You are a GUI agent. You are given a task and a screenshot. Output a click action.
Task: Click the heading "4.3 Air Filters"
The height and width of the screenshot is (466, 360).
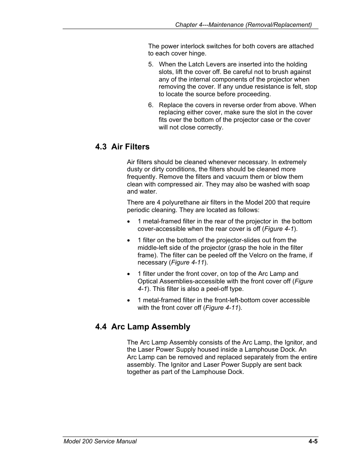click(x=122, y=147)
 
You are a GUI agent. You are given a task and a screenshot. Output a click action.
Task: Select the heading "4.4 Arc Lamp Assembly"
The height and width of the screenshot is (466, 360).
click(x=143, y=327)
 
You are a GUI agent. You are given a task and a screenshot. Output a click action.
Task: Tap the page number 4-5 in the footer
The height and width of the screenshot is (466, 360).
click(x=313, y=441)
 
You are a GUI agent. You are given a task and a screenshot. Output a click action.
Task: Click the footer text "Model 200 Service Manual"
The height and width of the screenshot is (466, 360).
click(x=100, y=441)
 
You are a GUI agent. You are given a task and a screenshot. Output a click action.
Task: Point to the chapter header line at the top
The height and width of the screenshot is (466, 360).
click(x=243, y=25)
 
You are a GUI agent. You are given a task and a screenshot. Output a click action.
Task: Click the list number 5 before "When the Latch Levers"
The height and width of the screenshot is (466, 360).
click(x=151, y=65)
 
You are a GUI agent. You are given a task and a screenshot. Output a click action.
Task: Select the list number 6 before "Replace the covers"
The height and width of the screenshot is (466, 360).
click(x=151, y=105)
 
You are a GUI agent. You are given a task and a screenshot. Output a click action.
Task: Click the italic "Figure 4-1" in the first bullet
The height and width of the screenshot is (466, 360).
click(x=279, y=229)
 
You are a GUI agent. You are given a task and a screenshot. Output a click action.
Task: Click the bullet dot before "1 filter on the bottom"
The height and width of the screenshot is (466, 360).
click(x=129, y=240)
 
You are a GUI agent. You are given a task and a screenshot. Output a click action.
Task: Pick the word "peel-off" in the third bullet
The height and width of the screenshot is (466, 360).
click(x=216, y=289)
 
